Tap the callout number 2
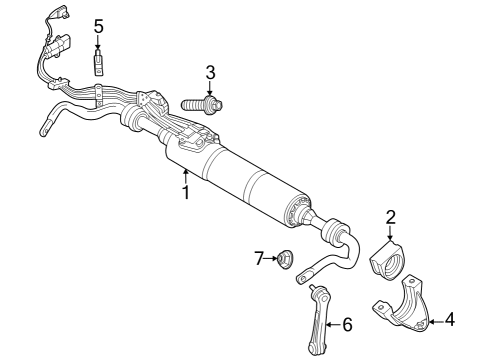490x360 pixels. point(392,216)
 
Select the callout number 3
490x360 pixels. point(210,71)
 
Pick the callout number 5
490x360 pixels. point(98,25)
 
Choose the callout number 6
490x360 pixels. point(347,324)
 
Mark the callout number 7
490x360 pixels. point(258,259)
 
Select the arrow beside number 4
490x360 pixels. point(435,320)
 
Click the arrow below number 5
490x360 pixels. point(98,45)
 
